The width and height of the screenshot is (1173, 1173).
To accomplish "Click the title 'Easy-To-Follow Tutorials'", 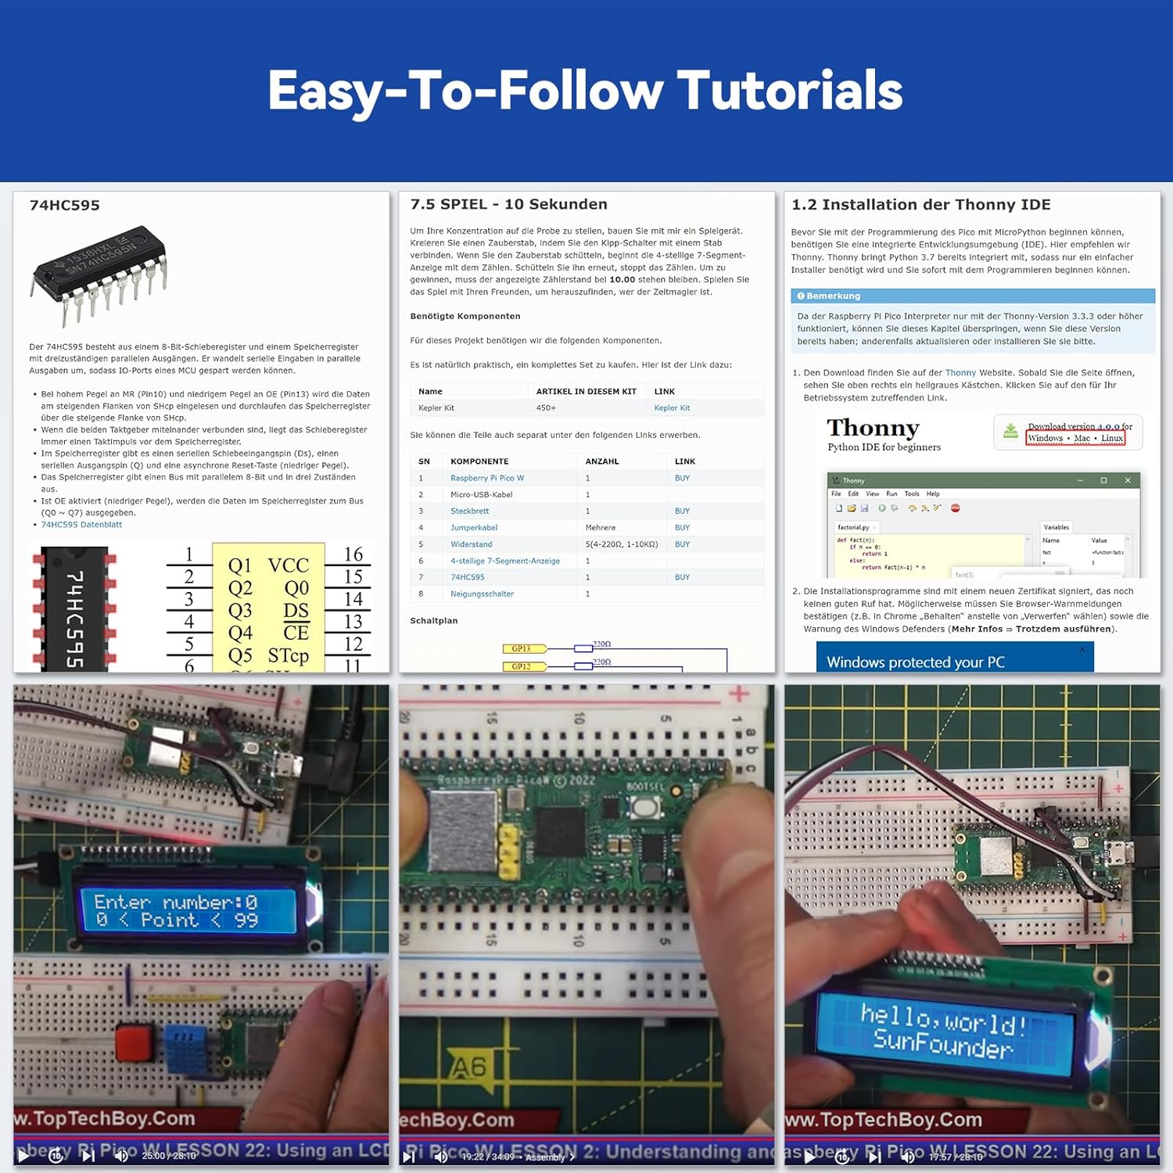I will [x=585, y=91].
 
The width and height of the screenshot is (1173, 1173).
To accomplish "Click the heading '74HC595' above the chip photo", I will [x=65, y=206].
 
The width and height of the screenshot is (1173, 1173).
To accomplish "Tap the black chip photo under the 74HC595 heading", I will [x=100, y=274].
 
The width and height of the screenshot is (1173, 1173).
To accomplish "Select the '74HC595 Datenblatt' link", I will [x=81, y=525].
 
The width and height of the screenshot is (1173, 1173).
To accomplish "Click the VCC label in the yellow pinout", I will [x=288, y=565].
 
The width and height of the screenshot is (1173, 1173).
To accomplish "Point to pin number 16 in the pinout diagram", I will [x=353, y=554].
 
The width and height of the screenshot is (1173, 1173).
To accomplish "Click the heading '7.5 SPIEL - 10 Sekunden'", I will [x=508, y=204].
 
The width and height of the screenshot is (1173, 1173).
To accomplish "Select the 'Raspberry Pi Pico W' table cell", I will [x=487, y=478].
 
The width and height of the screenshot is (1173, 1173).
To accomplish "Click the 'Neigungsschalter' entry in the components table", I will [x=482, y=594].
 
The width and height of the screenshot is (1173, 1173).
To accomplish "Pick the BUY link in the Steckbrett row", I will [x=682, y=511].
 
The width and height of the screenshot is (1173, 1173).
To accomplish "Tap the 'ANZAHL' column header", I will [x=602, y=461].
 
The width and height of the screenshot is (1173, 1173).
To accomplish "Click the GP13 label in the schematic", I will [x=522, y=648].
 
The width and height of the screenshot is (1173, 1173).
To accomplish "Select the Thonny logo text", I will [x=873, y=428].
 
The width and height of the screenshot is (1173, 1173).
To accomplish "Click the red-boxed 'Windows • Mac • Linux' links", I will [x=1075, y=438].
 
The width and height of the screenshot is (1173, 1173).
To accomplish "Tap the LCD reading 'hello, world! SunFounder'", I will [x=943, y=1028].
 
